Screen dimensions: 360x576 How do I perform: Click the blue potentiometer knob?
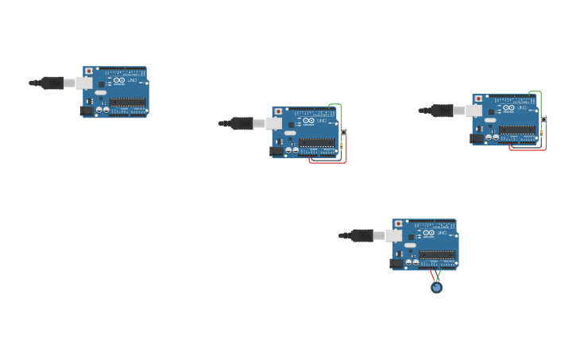click(x=436, y=288)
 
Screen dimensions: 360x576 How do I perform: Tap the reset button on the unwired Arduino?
click(x=89, y=71)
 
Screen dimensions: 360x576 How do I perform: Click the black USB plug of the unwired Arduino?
click(x=52, y=83)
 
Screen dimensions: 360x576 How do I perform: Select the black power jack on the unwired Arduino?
click(x=87, y=111)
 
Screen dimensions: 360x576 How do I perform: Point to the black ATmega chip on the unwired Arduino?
click(x=127, y=102)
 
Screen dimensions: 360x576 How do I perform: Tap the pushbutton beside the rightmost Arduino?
click(x=543, y=119)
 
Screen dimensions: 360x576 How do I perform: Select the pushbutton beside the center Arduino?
click(x=343, y=132)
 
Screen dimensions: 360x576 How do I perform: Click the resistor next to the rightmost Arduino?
click(x=541, y=133)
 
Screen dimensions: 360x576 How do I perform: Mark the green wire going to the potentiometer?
click(x=439, y=275)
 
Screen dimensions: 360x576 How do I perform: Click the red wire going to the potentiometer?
click(x=432, y=276)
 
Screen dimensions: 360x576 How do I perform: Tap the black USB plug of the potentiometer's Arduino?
click(x=362, y=235)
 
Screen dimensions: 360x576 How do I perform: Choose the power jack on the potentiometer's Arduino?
click(x=397, y=264)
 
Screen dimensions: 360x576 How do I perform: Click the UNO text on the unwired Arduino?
click(x=132, y=80)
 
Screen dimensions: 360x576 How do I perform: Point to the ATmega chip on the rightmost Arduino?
click(x=516, y=130)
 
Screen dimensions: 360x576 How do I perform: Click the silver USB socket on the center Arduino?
click(x=273, y=123)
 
